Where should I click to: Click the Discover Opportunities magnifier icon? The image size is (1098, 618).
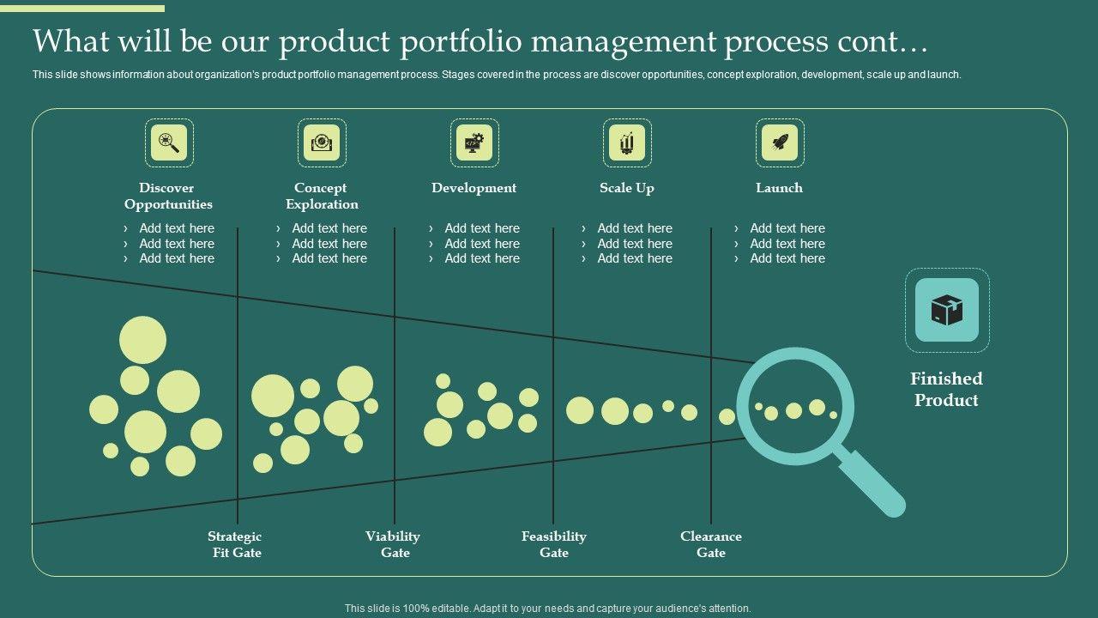click(x=169, y=142)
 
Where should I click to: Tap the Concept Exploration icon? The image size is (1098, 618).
click(x=322, y=142)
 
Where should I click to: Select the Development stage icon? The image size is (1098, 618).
click(x=474, y=142)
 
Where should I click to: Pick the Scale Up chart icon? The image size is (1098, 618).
click(x=627, y=142)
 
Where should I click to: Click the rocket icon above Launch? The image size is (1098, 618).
click(x=780, y=142)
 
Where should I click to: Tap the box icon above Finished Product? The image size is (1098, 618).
click(x=947, y=310)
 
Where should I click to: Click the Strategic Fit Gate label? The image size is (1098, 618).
click(x=235, y=544)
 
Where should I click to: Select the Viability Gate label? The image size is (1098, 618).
click(x=393, y=544)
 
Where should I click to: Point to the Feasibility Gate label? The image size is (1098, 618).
click(x=554, y=544)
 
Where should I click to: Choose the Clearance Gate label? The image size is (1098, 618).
click(x=711, y=544)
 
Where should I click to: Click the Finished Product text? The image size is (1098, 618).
click(x=946, y=389)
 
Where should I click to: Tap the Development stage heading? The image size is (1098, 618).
click(x=474, y=188)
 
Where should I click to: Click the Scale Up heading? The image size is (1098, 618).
click(x=627, y=188)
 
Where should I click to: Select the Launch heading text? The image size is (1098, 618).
click(x=779, y=188)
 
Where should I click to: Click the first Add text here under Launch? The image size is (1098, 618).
click(x=787, y=228)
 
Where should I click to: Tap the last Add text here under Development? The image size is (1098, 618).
click(x=481, y=258)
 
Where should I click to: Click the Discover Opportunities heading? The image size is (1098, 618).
click(x=168, y=196)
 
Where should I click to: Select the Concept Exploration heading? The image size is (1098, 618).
click(x=321, y=196)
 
